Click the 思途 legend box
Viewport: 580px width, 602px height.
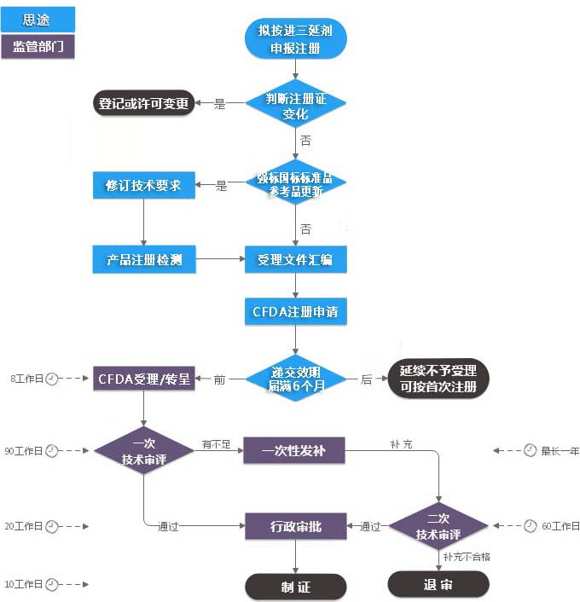click(x=38, y=19)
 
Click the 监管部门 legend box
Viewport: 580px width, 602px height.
click(x=38, y=46)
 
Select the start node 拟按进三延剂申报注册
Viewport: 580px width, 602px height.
click(x=295, y=39)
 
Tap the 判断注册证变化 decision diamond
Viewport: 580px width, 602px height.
click(x=296, y=105)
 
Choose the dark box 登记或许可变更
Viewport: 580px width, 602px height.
click(x=142, y=104)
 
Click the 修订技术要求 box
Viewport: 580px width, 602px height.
click(x=143, y=184)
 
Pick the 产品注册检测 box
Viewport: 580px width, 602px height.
click(x=143, y=259)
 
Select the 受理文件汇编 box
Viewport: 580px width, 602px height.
click(x=296, y=259)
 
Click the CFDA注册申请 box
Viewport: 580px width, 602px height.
click(x=296, y=312)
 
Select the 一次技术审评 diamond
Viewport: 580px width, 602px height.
click(x=143, y=450)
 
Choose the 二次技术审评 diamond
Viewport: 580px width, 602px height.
click(x=438, y=526)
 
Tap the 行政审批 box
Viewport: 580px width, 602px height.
click(x=296, y=526)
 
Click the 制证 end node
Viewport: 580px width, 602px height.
click(x=296, y=587)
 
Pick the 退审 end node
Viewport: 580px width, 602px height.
click(x=438, y=584)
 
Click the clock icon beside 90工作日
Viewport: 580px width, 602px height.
click(x=52, y=450)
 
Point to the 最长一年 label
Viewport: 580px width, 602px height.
click(x=560, y=450)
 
